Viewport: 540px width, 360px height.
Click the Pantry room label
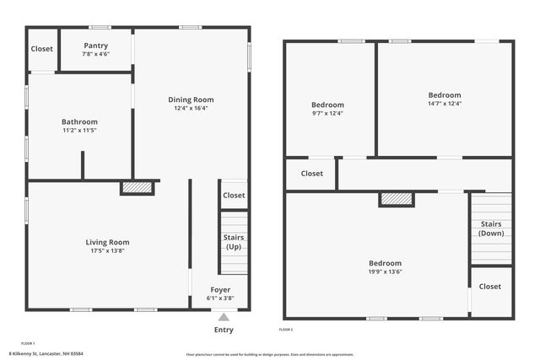point(95,46)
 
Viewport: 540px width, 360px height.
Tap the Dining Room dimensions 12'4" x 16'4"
point(192,108)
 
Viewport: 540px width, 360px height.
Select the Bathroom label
point(80,121)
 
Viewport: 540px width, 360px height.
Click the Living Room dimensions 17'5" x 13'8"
point(108,251)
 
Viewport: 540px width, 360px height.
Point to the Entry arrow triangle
point(223,317)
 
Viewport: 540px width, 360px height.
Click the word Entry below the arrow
point(224,330)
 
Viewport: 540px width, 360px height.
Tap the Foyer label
point(220,290)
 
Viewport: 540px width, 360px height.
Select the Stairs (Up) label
point(234,243)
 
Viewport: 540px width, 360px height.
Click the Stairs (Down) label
point(491,228)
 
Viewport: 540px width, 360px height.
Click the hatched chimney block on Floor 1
point(137,188)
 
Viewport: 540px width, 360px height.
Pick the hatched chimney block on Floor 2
point(396,199)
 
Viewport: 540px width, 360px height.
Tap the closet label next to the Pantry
point(42,49)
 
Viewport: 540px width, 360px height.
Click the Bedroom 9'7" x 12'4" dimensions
point(328,113)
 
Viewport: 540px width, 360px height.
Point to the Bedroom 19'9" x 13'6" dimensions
point(385,271)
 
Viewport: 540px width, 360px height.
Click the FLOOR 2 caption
point(287,329)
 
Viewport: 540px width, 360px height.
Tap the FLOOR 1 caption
point(28,343)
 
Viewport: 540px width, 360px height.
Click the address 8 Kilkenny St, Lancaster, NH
point(46,354)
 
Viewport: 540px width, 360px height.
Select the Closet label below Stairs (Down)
point(489,287)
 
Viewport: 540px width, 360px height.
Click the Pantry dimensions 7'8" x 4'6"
point(95,54)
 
